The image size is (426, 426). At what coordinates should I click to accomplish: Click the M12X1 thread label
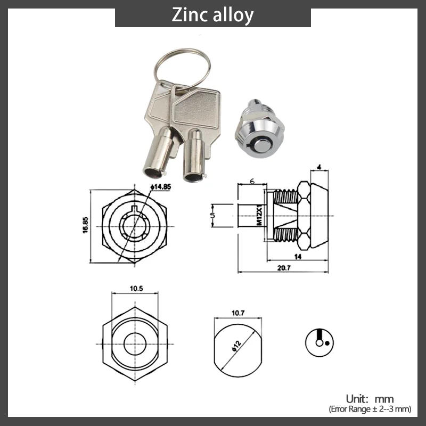[x=260, y=216]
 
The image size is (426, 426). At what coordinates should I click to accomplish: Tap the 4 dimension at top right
[x=318, y=167]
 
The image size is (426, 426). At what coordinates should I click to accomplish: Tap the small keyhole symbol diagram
[x=319, y=341]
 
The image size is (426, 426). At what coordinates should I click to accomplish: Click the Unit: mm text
[x=370, y=399]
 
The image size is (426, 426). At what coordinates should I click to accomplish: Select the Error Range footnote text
[x=370, y=409]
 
